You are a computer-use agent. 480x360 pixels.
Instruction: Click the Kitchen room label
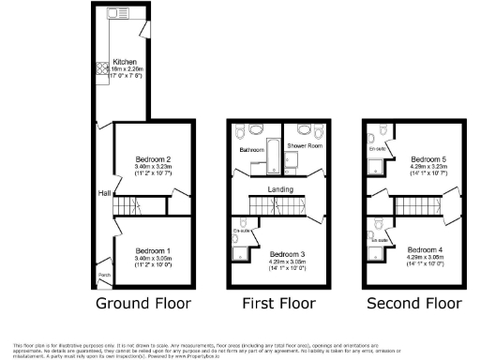[125, 62]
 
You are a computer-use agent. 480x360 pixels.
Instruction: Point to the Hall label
[105, 193]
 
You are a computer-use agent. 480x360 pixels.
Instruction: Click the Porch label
[104, 275]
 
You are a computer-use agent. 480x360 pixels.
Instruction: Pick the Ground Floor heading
[143, 304]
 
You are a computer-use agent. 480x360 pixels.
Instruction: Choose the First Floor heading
[277, 304]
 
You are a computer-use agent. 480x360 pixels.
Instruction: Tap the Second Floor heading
[413, 304]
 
